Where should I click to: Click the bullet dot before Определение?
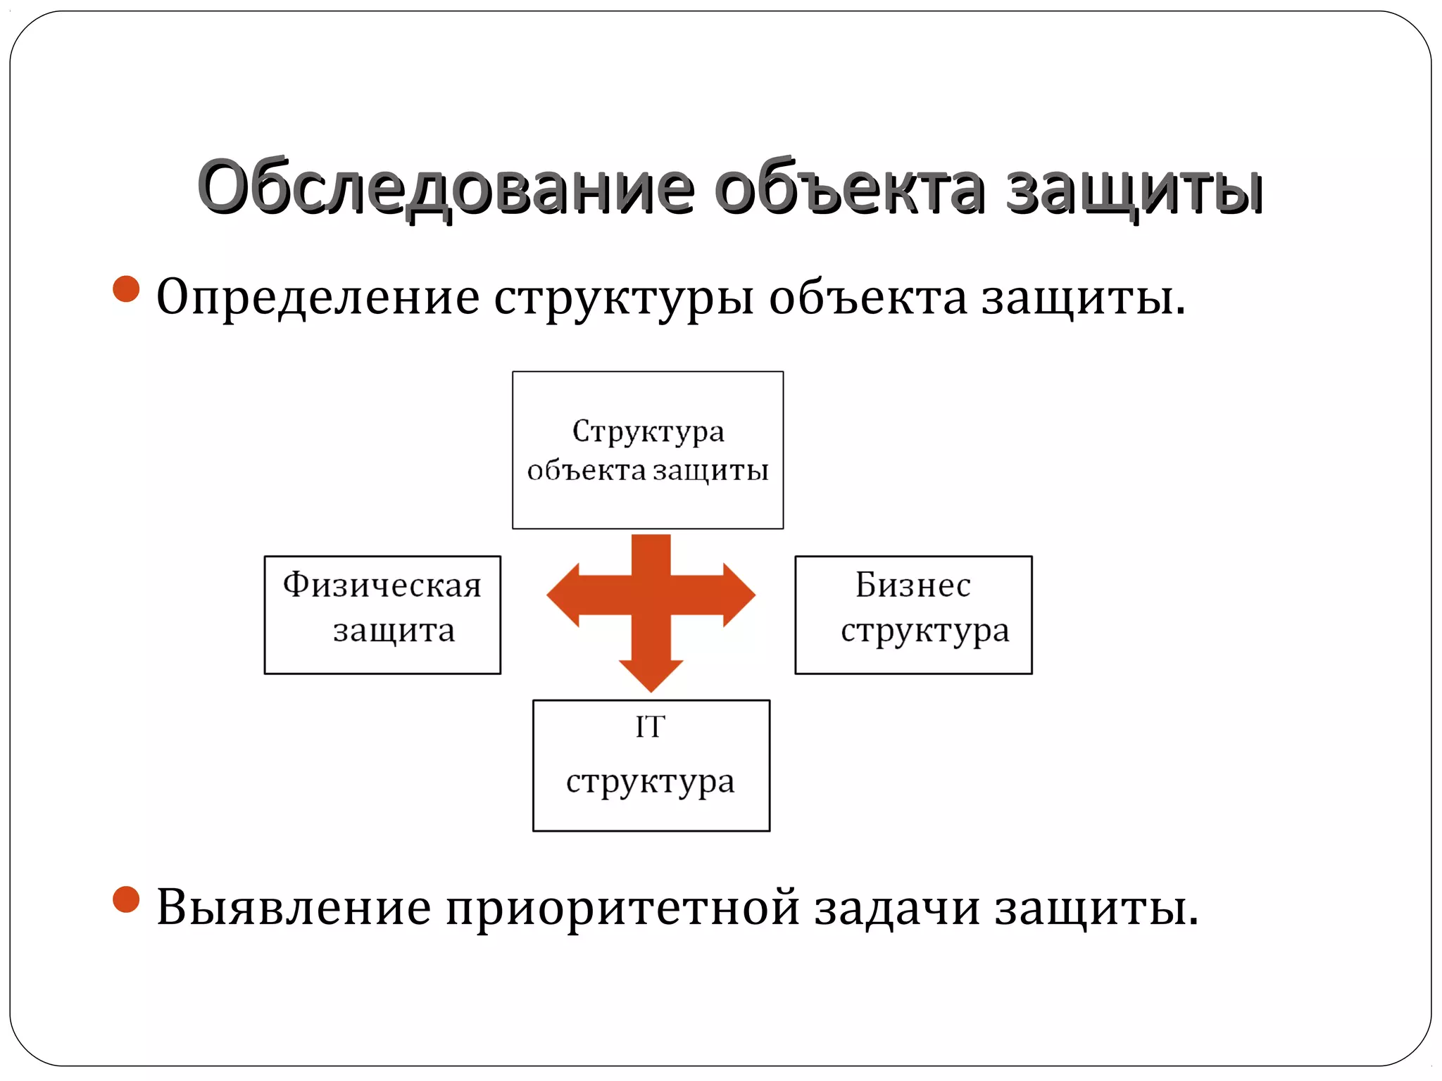coord(126,289)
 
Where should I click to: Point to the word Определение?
coord(318,297)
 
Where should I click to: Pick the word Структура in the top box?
coord(648,431)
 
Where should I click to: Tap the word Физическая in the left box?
coord(382,585)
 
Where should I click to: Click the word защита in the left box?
coord(394,630)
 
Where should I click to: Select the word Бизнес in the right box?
coord(913,585)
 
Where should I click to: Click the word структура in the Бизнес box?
coord(924,631)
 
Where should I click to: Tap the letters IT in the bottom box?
coord(650,727)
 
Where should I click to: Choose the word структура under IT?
coord(650,781)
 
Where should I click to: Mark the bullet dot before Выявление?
coord(126,899)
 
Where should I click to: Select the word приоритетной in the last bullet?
coord(622,908)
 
